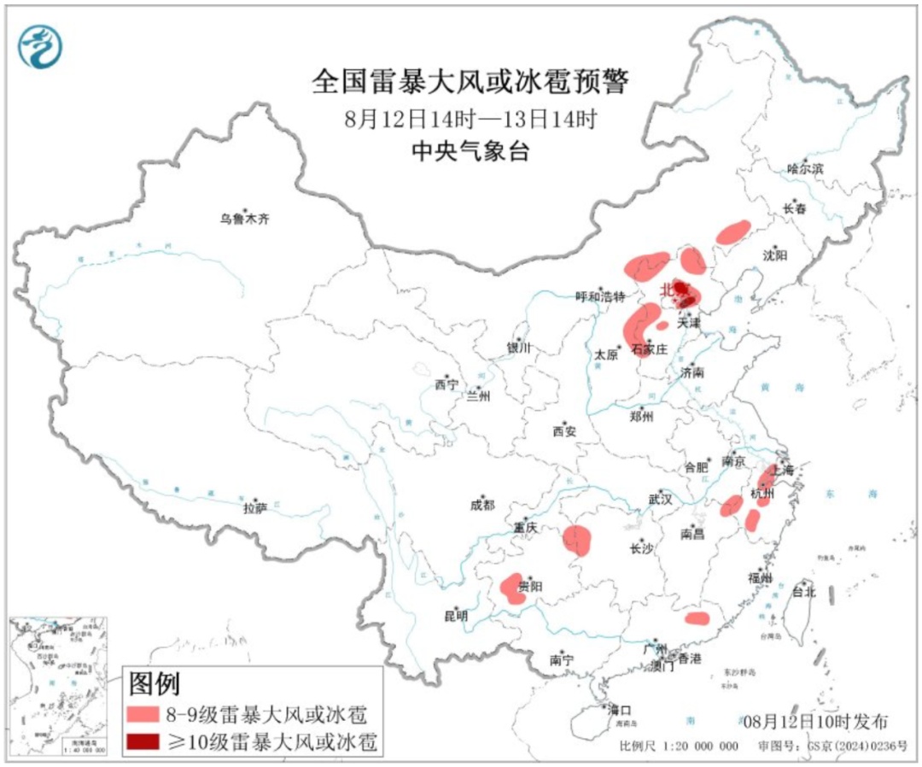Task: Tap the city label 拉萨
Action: [x=254, y=508]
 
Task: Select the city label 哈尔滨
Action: [x=805, y=169]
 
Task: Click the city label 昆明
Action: [x=456, y=615]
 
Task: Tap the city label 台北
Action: [x=804, y=591]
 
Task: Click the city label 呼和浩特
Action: [x=600, y=296]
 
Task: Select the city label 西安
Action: [x=563, y=431]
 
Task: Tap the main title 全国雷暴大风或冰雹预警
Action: [x=470, y=82]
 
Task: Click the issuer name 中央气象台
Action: [x=470, y=152]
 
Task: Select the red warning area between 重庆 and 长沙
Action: [x=578, y=540]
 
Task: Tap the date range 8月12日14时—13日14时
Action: [x=470, y=119]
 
